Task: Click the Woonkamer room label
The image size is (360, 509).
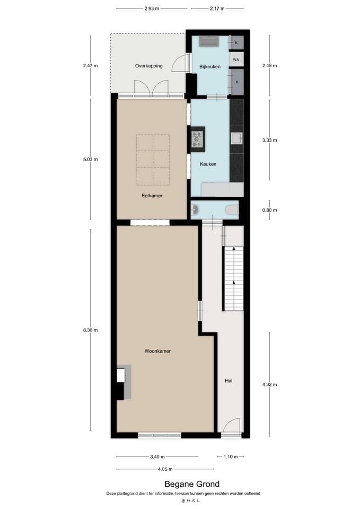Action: (x=157, y=351)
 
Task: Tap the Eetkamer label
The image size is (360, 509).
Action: (x=152, y=196)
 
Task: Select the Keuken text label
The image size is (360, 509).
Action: (x=208, y=164)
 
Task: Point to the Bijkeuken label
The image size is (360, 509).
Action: (x=209, y=66)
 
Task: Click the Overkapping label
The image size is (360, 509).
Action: (x=148, y=66)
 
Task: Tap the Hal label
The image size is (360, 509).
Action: (x=229, y=381)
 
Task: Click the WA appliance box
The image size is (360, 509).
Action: (x=236, y=60)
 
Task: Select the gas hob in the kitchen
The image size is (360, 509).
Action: (x=197, y=139)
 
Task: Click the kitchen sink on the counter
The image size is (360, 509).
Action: (x=236, y=139)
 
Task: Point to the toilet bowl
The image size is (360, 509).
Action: (x=232, y=210)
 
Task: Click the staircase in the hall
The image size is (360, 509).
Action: (x=233, y=278)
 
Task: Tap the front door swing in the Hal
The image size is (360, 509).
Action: (x=230, y=427)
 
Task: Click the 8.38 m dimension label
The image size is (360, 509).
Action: (x=90, y=330)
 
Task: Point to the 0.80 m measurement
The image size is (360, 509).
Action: (x=270, y=210)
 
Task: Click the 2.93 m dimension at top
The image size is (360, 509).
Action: (x=152, y=9)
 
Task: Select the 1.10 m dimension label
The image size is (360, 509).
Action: (x=231, y=457)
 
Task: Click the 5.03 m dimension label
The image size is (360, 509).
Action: (x=90, y=159)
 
